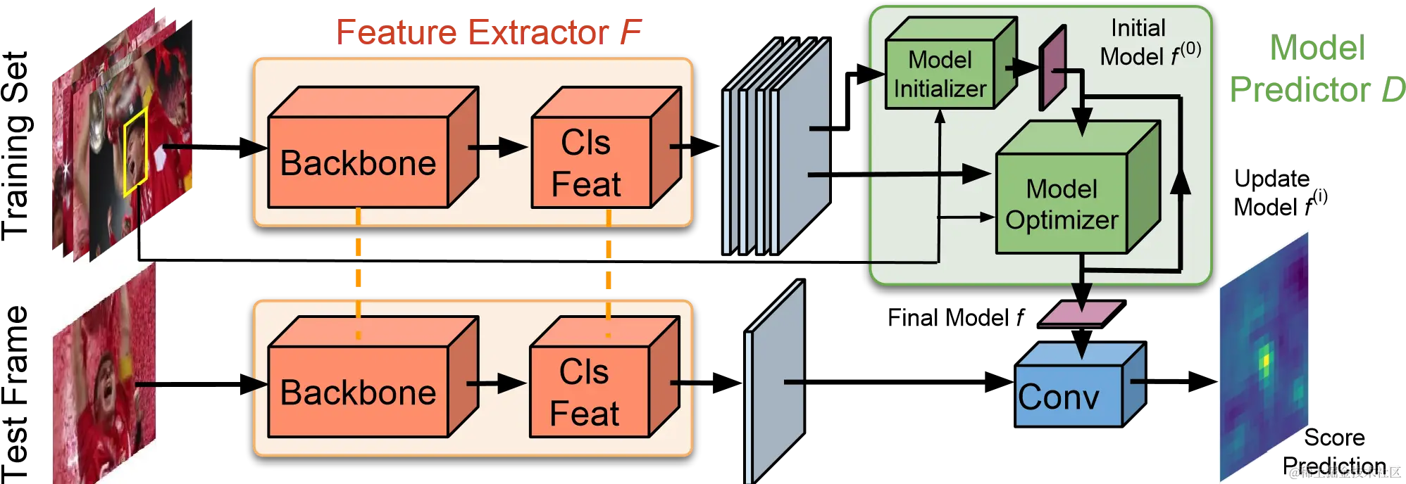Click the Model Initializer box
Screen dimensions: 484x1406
point(940,75)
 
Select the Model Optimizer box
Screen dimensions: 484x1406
point(1062,204)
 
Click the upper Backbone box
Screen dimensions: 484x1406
point(358,163)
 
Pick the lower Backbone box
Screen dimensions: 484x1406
point(358,392)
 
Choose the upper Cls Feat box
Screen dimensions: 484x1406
point(590,163)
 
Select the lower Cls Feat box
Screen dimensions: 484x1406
point(589,392)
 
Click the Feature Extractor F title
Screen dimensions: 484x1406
point(489,32)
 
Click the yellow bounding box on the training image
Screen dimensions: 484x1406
point(135,152)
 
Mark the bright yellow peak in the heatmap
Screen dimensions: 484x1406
point(1266,360)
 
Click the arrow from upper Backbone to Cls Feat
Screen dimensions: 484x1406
point(498,147)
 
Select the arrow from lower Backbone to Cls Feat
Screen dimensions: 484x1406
point(497,383)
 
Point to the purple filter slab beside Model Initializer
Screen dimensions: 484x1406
point(1052,68)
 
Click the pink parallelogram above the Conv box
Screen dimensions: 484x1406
point(1081,314)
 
